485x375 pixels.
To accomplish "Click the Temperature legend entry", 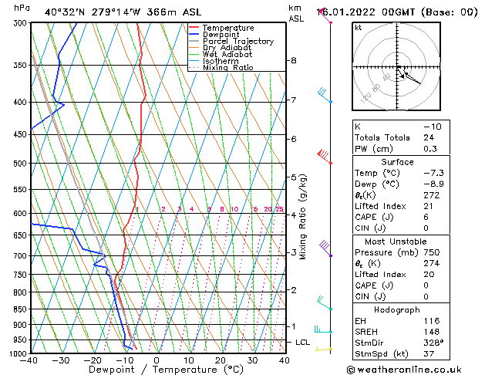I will (227, 28).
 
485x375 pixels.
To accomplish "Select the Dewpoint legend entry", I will (221, 35).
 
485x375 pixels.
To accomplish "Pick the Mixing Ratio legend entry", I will (228, 68).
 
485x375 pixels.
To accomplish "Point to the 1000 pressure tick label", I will (15, 353).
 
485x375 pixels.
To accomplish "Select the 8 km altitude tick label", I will (293, 60).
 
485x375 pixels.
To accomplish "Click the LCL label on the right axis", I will (303, 342).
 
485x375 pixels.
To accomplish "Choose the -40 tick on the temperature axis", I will (29, 360).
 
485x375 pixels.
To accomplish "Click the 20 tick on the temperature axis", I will (221, 360).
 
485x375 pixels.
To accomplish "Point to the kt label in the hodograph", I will (359, 28).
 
